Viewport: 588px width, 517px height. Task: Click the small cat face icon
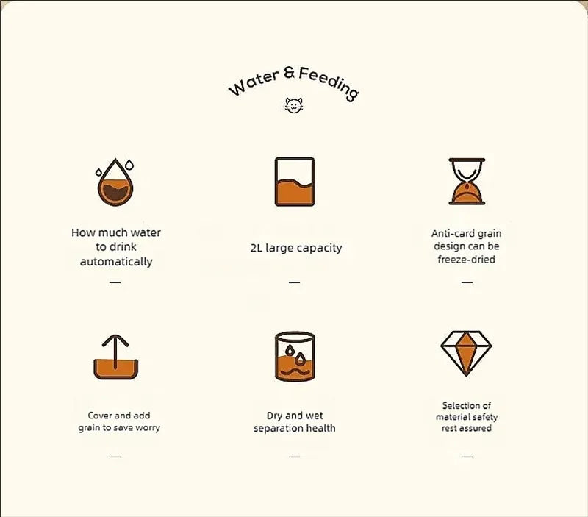tap(293, 105)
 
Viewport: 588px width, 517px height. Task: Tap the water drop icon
tap(115, 182)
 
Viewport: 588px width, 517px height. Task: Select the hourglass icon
tap(467, 182)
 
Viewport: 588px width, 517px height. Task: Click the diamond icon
tap(466, 354)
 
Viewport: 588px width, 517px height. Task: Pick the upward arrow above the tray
tap(115, 352)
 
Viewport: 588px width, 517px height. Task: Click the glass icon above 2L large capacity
tap(295, 182)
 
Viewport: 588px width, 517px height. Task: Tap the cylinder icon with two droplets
tap(295, 357)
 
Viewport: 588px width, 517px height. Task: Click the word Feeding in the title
tap(329, 83)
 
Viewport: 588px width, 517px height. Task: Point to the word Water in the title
tap(254, 82)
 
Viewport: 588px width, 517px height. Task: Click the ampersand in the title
tap(289, 72)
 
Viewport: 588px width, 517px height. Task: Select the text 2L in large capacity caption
tap(256, 248)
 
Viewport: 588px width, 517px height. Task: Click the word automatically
tap(116, 262)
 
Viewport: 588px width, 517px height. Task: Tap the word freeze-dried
tap(467, 260)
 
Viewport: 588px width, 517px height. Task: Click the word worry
tap(148, 428)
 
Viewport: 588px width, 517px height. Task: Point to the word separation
tap(278, 429)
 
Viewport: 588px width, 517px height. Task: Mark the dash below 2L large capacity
tap(295, 282)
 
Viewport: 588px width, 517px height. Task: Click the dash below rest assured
tap(467, 457)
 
